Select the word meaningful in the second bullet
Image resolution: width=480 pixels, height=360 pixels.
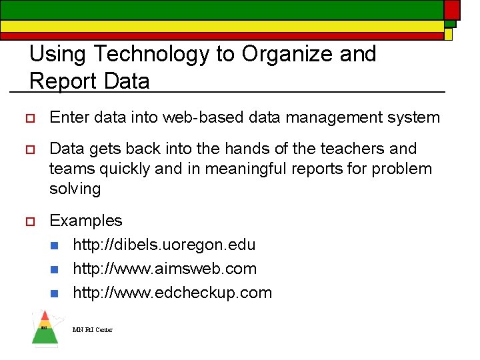coord(253,169)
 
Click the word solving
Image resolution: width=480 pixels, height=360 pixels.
coord(75,189)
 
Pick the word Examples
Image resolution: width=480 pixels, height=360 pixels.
coord(86,221)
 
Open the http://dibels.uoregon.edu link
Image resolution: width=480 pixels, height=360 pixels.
coord(164,245)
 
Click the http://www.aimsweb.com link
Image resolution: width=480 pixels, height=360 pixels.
coord(165,269)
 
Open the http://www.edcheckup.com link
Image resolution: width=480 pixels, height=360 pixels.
coord(172,293)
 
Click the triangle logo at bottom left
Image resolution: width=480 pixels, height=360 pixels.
coord(45,328)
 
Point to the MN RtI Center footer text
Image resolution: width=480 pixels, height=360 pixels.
coord(93,330)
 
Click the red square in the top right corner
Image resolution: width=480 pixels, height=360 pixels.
coord(452,9)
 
